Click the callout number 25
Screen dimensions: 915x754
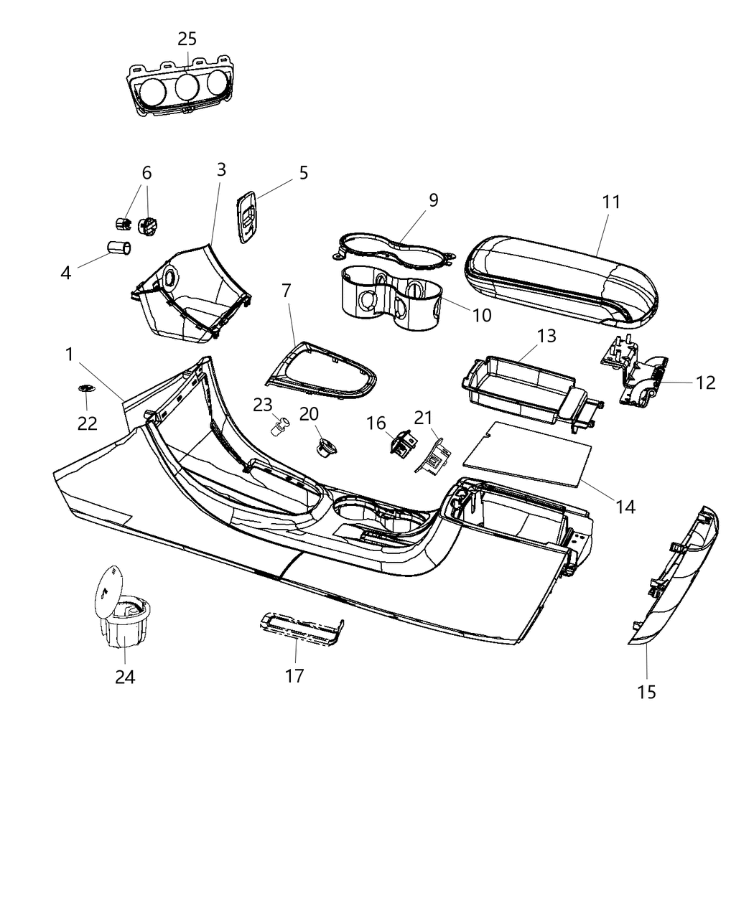pos(187,39)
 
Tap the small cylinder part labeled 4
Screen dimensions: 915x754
pos(118,248)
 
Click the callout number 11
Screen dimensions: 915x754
pos(610,202)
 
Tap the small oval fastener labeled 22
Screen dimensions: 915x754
pos(87,388)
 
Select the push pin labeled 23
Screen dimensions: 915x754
pos(278,428)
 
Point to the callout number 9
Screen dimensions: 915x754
pos(433,200)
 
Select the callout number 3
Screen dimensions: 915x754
pos(221,169)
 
